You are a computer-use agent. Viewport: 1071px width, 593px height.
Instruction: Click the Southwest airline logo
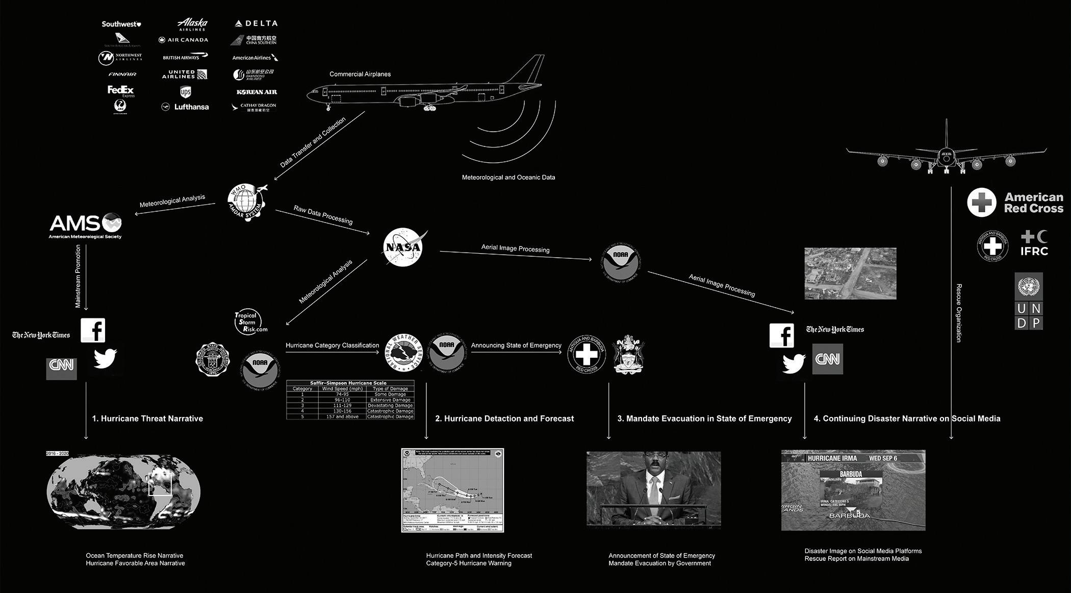(121, 24)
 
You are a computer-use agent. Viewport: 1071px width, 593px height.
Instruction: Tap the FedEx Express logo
(121, 91)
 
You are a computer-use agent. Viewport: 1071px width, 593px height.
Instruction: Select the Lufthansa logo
(186, 107)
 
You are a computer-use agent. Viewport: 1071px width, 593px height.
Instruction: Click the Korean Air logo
(257, 92)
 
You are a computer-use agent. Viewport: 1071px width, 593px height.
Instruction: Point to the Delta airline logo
(256, 23)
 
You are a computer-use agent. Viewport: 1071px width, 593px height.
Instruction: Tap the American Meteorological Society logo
(86, 226)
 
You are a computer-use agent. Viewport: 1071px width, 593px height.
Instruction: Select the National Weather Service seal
(404, 353)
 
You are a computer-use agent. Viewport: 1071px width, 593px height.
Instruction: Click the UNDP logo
(1028, 301)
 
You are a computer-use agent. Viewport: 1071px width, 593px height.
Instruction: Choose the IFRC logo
(1034, 243)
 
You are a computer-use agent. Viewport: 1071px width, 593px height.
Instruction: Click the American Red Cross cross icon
(981, 202)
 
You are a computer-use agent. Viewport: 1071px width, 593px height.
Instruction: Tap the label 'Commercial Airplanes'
(360, 74)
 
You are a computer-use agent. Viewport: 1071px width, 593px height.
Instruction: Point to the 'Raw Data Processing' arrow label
(323, 215)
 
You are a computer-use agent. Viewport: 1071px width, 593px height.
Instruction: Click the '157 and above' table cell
(342, 416)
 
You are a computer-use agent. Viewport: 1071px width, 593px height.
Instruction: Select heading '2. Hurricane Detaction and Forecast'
(504, 418)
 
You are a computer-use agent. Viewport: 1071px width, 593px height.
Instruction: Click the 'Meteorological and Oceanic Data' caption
(508, 178)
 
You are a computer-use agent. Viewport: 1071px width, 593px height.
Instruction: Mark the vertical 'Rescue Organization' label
(959, 313)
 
